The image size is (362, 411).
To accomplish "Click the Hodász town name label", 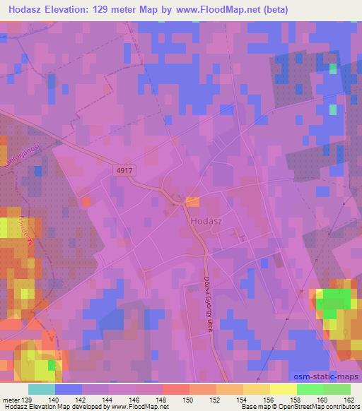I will click(x=207, y=220).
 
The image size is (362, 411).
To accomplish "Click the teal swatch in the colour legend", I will click(x=42, y=389).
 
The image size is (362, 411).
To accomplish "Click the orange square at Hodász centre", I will click(x=192, y=202).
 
